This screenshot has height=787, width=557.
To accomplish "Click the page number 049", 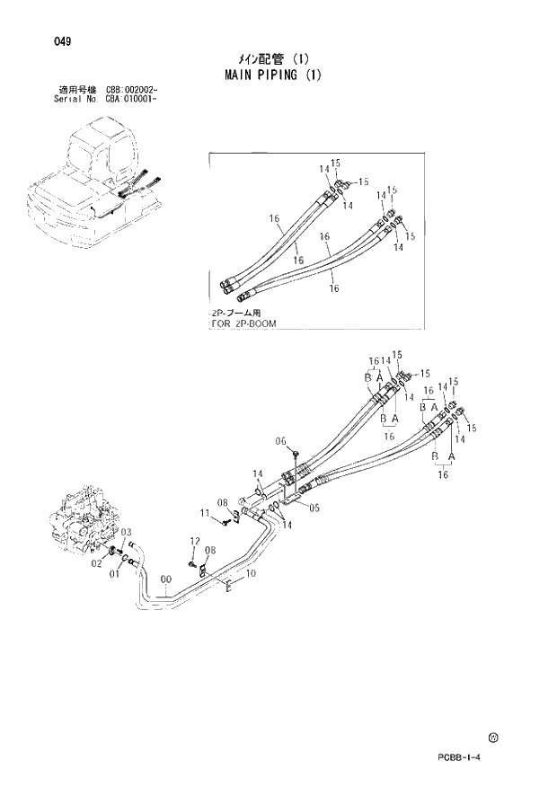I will pos(62,41).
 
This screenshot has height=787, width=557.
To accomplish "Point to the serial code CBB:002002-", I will pos(132,92).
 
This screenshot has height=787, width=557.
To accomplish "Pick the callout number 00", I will pos(165,580).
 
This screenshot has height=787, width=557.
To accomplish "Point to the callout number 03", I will pos(128,532).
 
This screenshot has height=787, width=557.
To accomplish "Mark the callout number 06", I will pos(280,441).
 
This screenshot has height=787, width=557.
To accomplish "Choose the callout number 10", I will pos(252,573).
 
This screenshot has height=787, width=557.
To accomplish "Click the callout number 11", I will pos(204,513).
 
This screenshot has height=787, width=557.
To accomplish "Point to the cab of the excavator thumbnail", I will pos(99,148).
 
